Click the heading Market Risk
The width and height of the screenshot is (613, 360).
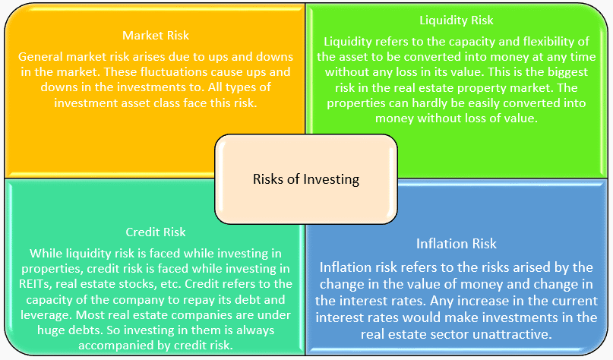(156, 36)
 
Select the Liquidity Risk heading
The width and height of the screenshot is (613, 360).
(457, 21)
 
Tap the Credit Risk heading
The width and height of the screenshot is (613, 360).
(156, 232)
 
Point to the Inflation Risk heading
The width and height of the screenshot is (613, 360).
(457, 244)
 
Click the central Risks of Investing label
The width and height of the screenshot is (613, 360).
(306, 179)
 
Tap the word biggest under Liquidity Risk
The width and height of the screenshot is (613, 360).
(564, 72)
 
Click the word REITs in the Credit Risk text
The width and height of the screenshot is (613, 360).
(35, 284)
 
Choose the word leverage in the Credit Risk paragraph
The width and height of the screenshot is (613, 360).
(46, 315)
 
